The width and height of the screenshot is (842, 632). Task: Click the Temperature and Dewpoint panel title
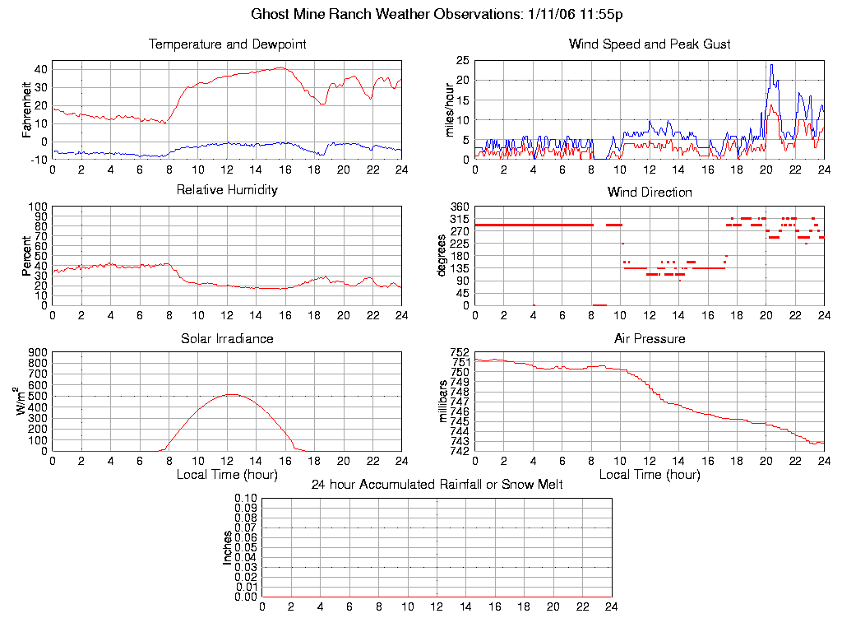227,44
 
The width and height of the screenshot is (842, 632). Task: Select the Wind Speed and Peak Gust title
650,44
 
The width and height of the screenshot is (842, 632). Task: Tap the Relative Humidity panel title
227,190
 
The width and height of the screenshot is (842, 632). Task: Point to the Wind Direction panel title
650,193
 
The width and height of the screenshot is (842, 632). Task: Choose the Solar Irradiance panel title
227,339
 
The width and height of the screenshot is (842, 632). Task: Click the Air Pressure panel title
650,339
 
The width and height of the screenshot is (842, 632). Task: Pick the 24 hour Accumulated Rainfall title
437,485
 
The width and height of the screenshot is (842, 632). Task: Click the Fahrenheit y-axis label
27,109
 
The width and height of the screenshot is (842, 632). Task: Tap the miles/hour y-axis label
450,109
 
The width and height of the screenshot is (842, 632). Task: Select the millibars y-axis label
443,402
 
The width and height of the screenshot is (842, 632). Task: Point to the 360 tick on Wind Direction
459,207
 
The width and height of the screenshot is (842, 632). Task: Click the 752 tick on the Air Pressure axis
459,352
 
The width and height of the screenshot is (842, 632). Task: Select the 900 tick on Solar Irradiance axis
38,352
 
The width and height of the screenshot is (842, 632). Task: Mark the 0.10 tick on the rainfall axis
246,498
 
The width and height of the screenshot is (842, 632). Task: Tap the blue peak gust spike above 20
771,65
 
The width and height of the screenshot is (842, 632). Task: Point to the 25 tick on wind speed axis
462,61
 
